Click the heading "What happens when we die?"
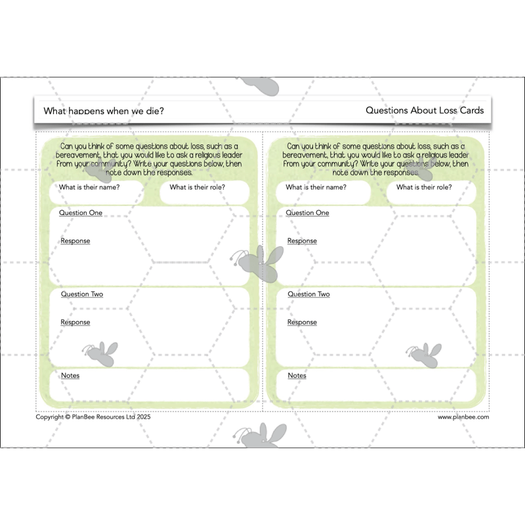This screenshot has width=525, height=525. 104,111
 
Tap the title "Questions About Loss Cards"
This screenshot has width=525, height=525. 425,110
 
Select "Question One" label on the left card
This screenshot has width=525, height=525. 81,213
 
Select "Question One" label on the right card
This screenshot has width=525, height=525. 308,213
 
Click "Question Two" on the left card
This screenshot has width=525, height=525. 82,294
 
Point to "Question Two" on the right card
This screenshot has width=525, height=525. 308,294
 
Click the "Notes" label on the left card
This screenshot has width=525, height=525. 70,375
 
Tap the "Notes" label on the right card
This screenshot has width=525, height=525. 297,375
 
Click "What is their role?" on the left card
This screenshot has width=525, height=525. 198,187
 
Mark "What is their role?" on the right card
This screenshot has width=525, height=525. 424,187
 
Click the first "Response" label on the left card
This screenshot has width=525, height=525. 75,241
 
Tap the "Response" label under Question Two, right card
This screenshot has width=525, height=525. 302,322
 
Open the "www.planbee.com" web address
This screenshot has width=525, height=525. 463,417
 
